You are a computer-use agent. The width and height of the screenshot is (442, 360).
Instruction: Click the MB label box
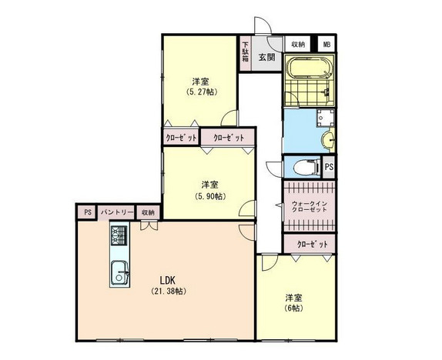click(x=326, y=44)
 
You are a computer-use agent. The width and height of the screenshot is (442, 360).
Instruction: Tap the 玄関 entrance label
click(x=266, y=58)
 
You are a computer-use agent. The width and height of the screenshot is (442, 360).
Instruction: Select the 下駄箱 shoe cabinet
click(x=246, y=53)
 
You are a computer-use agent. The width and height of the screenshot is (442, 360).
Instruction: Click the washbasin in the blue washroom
click(x=328, y=139)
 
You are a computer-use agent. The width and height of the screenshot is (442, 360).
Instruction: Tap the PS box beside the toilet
click(x=329, y=167)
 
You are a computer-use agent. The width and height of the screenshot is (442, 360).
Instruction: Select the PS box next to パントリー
click(x=88, y=212)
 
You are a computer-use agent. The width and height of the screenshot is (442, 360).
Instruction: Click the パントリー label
click(x=117, y=212)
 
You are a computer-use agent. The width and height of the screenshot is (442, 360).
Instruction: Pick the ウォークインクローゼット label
click(x=310, y=206)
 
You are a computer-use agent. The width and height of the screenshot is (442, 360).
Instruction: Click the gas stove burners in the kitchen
click(x=119, y=235)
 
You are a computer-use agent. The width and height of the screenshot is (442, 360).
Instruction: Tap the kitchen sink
click(x=120, y=273)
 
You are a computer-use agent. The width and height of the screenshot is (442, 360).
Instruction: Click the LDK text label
click(x=168, y=280)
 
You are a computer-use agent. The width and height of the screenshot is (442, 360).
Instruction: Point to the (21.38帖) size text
click(x=169, y=291)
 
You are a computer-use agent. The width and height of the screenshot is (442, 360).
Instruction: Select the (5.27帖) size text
click(x=202, y=92)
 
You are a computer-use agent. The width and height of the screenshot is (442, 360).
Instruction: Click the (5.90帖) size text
click(x=210, y=196)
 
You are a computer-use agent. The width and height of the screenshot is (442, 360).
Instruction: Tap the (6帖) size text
click(x=294, y=308)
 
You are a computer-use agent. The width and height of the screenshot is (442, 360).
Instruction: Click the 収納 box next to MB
click(x=298, y=44)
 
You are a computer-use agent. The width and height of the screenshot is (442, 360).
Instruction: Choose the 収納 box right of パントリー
click(x=148, y=212)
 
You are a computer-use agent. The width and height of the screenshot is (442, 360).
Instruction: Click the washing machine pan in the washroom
click(x=325, y=118)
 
